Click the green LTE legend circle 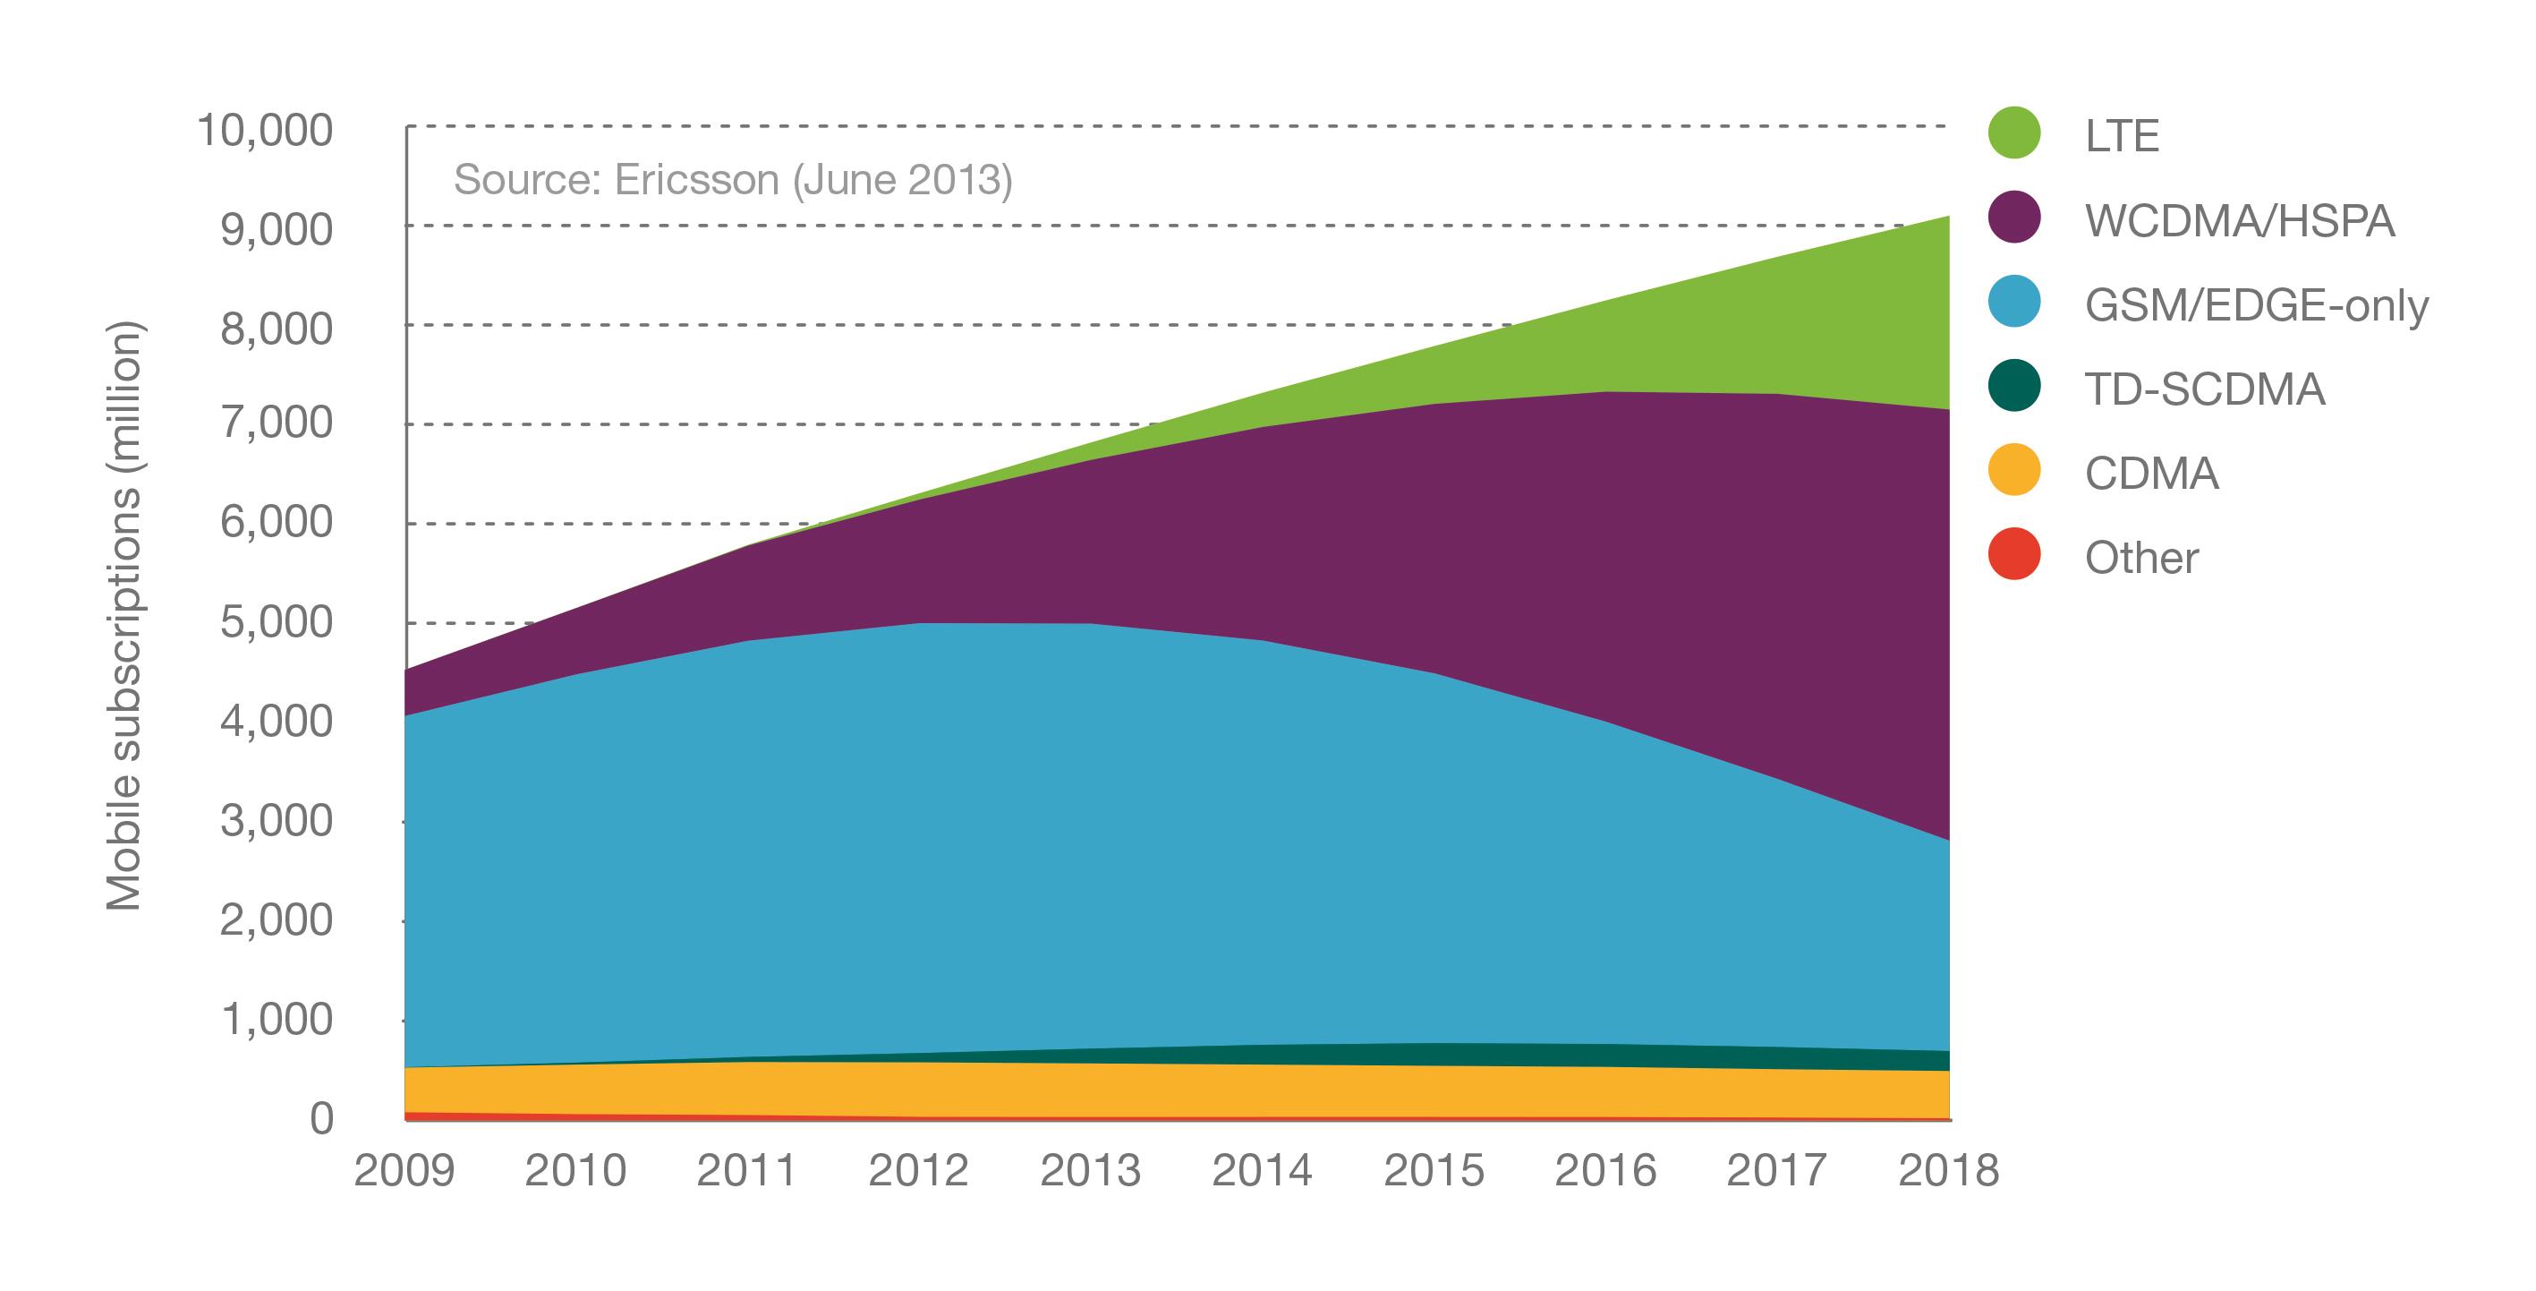pyautogui.click(x=2014, y=133)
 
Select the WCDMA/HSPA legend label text pyautogui.click(x=2240, y=219)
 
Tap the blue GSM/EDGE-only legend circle pyautogui.click(x=2014, y=302)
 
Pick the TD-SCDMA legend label pyautogui.click(x=2204, y=389)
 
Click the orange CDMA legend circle pyautogui.click(x=2014, y=470)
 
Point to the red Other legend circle pyautogui.click(x=2014, y=554)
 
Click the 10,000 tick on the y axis pyautogui.click(x=266, y=130)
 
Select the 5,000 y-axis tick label pyautogui.click(x=277, y=622)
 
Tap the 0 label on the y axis pyautogui.click(x=322, y=1119)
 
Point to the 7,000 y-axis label pyautogui.click(x=277, y=423)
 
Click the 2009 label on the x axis pyautogui.click(x=404, y=1171)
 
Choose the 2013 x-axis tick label pyautogui.click(x=1090, y=1171)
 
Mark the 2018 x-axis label pyautogui.click(x=1948, y=1171)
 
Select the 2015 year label pyautogui.click(x=1434, y=1171)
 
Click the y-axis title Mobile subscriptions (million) pyautogui.click(x=124, y=615)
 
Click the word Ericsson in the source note pyautogui.click(x=696, y=179)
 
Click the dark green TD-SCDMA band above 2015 pyautogui.click(x=1434, y=1055)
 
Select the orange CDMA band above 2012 pyautogui.click(x=918, y=1090)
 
